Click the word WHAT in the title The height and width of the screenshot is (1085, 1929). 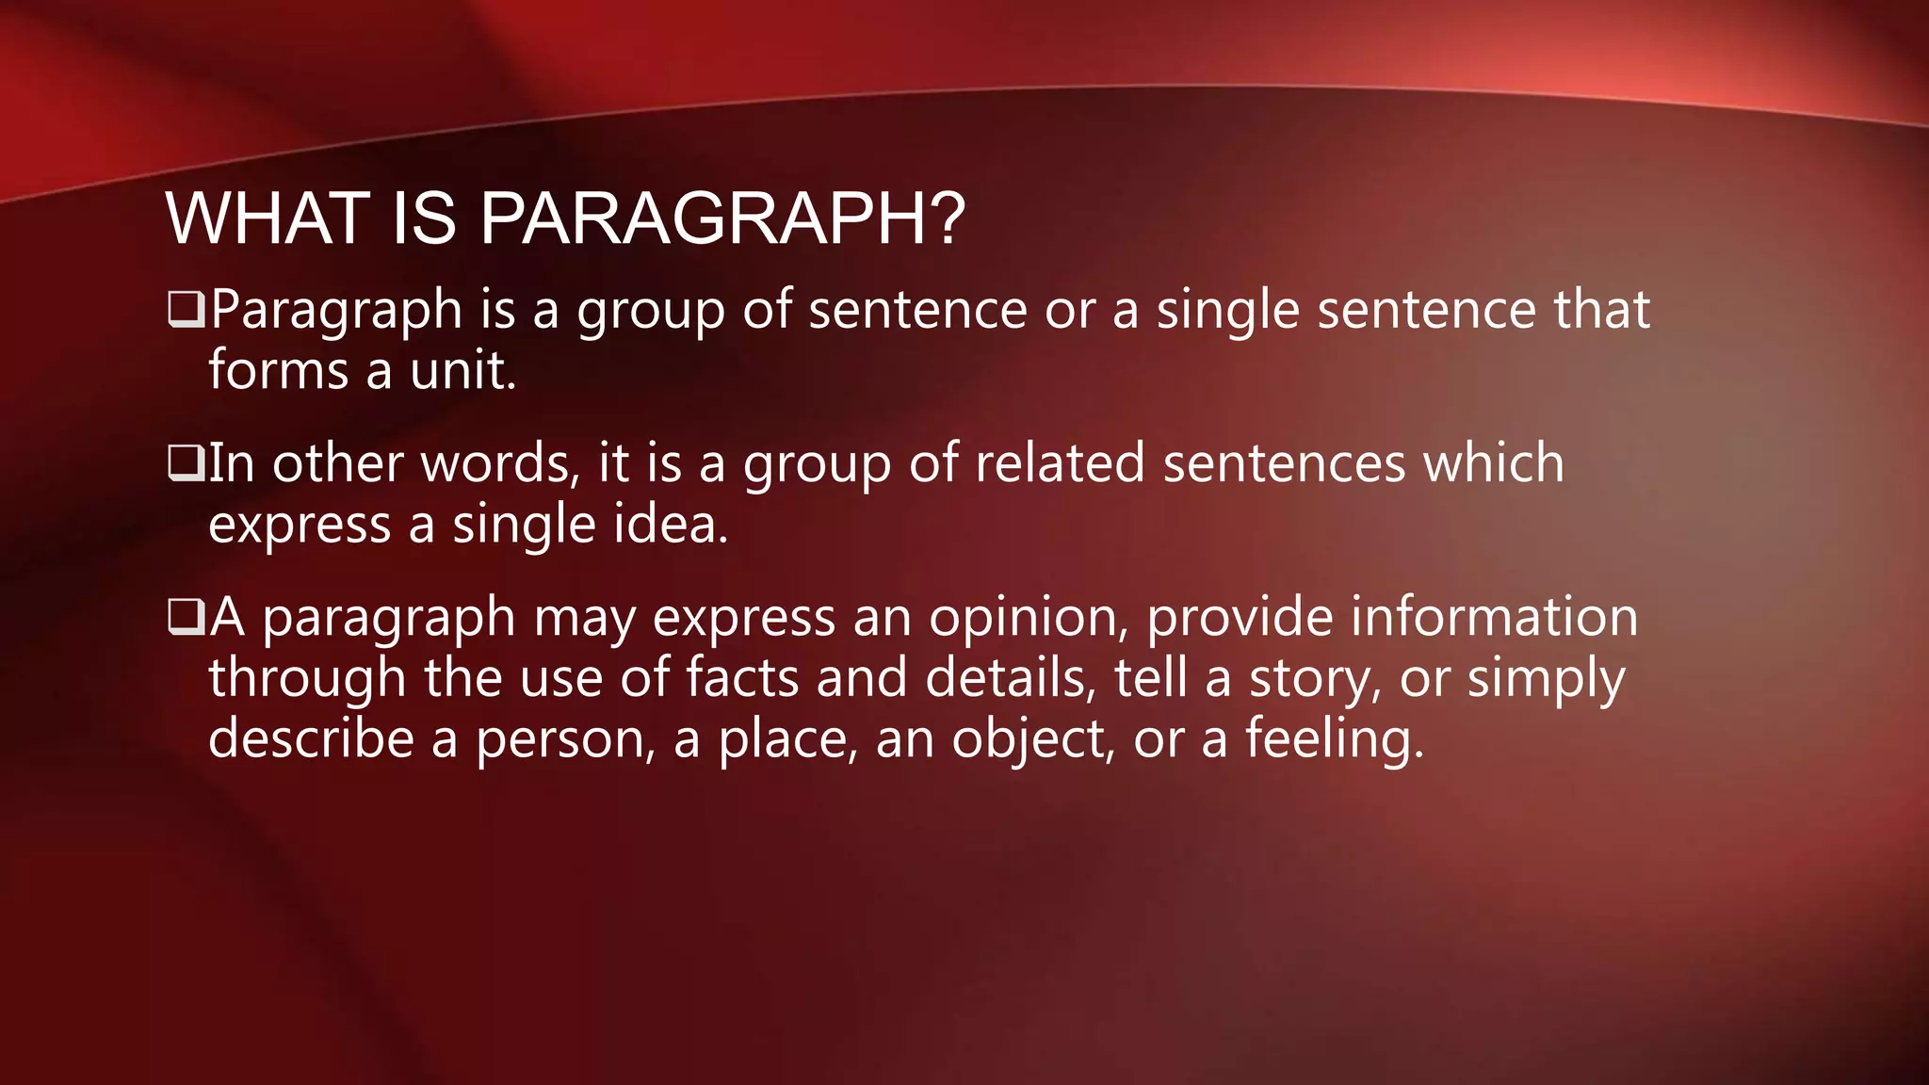pos(267,219)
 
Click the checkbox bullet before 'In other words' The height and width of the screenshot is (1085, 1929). pos(186,462)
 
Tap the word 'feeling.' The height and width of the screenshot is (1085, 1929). pos(1335,739)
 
